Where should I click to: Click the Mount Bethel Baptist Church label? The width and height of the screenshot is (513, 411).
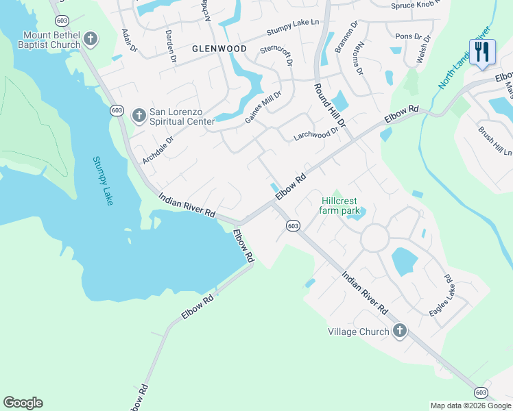coord(51,40)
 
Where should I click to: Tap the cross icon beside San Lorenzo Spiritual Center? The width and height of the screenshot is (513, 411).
coord(139,113)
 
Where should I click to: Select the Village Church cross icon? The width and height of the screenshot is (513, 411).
coord(399,332)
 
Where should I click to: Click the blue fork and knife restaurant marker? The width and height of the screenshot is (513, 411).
coord(482,51)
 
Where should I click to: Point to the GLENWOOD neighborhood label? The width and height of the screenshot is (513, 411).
coord(219,49)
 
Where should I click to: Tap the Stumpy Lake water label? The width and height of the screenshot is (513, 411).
coord(103,179)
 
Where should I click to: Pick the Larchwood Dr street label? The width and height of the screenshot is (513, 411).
coord(316,131)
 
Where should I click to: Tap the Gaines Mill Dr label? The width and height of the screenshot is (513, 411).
coord(263,108)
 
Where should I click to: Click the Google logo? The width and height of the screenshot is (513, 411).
coord(23,403)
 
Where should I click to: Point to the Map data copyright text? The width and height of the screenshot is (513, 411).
coord(471,406)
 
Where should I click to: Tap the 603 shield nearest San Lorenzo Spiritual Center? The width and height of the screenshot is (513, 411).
coord(116,110)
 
